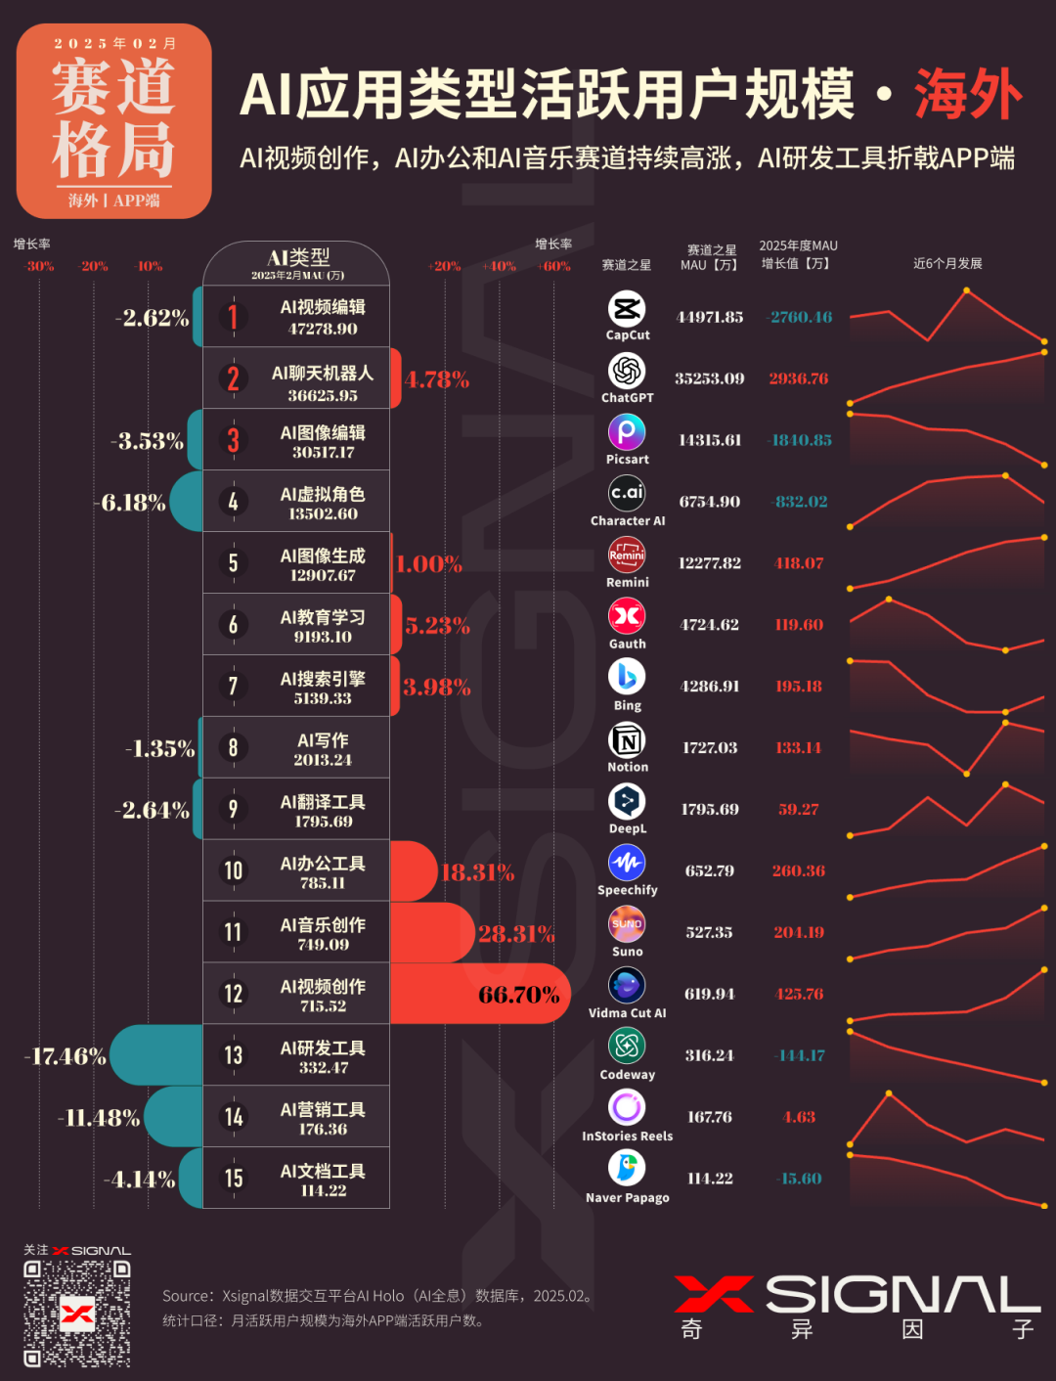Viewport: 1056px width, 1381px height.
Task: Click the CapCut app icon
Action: tap(627, 309)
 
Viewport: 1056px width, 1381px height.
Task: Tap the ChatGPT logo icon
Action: tap(627, 372)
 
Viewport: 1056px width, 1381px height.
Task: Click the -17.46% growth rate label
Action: tap(66, 1056)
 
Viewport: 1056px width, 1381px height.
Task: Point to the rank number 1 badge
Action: tap(233, 317)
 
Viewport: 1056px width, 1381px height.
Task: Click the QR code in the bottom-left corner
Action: tap(77, 1313)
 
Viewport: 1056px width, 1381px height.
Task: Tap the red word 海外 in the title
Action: tap(968, 95)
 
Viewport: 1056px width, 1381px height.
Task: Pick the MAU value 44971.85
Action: tap(710, 317)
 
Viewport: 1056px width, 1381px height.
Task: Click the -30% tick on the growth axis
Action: tap(40, 266)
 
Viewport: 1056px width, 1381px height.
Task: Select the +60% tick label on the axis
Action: tap(553, 266)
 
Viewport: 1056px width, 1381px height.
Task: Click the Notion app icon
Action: tap(627, 740)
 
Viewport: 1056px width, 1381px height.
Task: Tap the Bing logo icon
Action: tap(627, 677)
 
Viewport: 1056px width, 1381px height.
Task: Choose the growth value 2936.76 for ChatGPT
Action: tap(798, 379)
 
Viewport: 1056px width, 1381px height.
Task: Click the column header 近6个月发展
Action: tap(946, 263)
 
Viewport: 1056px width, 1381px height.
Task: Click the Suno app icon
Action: tap(627, 924)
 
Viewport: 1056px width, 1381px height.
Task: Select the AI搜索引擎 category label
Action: tap(323, 679)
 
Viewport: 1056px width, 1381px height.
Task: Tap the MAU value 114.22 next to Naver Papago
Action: tap(710, 1179)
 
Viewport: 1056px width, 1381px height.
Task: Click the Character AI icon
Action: tap(627, 493)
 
